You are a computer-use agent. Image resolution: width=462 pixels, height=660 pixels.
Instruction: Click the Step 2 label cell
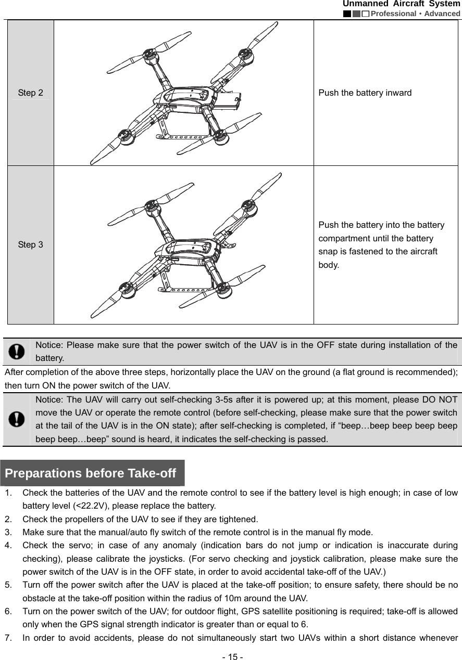click(30, 93)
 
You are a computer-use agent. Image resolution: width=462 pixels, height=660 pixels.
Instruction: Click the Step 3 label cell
click(30, 244)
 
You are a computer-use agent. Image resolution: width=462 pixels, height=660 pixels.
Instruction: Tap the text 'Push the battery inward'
click(365, 93)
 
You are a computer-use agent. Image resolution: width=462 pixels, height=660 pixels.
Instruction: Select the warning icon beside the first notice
click(18, 352)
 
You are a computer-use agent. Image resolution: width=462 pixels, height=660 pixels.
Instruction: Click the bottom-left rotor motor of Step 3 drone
click(125, 288)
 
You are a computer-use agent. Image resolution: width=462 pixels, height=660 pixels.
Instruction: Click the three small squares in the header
click(356, 14)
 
